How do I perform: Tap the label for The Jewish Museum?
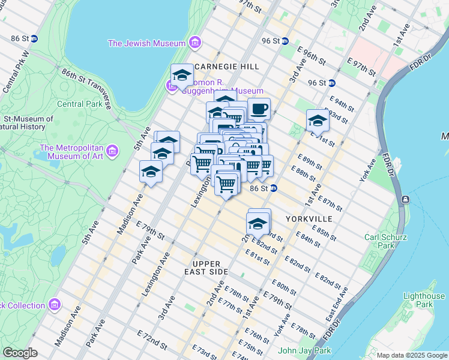coord(146,43)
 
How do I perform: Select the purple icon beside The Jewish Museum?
coord(194,43)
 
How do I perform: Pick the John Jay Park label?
coord(305,350)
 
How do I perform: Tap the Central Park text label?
coord(79,103)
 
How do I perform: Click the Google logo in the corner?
coord(20,353)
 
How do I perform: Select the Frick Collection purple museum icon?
coord(55,305)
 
